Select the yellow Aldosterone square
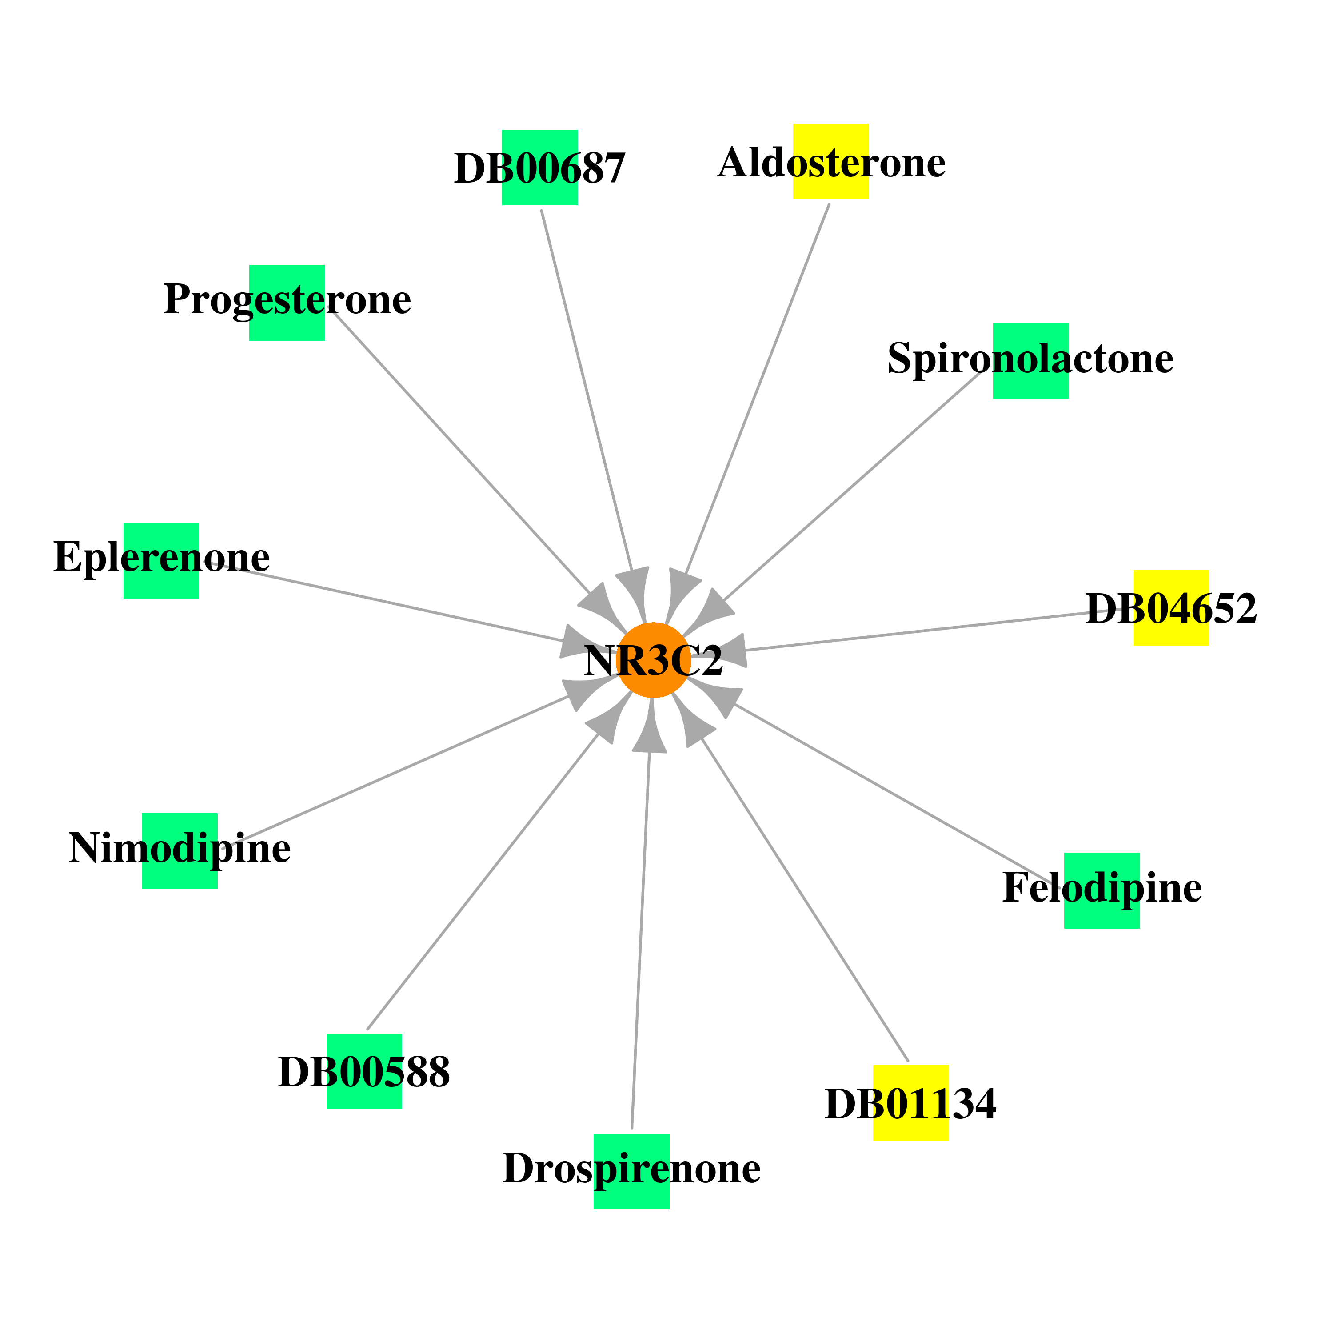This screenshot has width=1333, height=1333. pyautogui.click(x=831, y=161)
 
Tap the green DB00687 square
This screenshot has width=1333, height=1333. pyautogui.click(x=539, y=167)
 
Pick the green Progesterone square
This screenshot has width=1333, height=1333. pyautogui.click(x=287, y=303)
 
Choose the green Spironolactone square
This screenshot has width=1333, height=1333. pyautogui.click(x=1031, y=361)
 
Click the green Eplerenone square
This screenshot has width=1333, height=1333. pyautogui.click(x=161, y=560)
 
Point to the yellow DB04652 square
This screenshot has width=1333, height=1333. pyautogui.click(x=1172, y=608)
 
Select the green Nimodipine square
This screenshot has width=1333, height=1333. pyautogui.click(x=180, y=851)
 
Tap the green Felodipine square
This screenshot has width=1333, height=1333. pyautogui.click(x=1102, y=891)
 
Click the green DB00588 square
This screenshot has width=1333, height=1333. pyautogui.click(x=364, y=1071)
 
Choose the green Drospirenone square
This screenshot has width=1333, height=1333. pyautogui.click(x=631, y=1172)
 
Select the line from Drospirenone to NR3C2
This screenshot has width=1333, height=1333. pyautogui.click(x=640, y=940)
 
